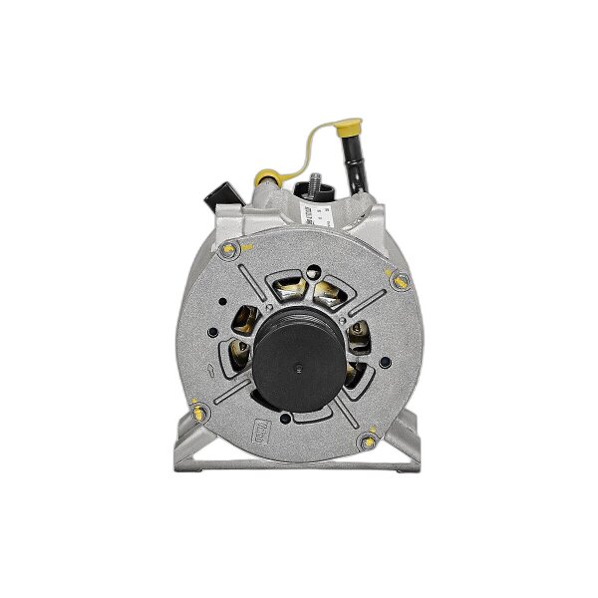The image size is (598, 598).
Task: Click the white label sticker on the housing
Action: tap(319, 210)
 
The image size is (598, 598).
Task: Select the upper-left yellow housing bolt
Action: tap(231, 249)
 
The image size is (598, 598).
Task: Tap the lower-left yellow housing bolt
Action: tap(199, 409)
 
